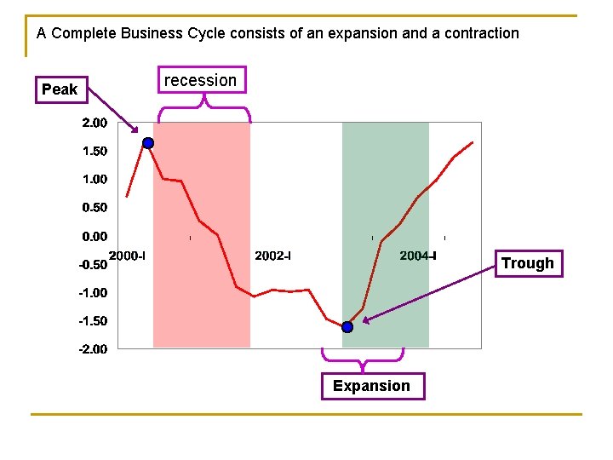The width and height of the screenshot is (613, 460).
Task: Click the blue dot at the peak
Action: pos(148,143)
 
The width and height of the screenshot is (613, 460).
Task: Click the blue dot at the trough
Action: pos(347,327)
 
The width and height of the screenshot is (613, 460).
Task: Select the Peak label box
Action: pos(62,89)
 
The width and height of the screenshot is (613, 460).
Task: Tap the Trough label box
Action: pos(529,263)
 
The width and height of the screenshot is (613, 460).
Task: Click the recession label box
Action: pos(202,80)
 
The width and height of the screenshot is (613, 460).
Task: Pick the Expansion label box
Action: pos(373,386)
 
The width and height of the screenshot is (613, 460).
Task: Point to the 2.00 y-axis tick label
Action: pos(95,123)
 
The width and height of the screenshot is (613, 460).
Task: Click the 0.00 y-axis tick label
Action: pos(95,236)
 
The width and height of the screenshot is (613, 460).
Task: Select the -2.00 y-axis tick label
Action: pos(93,349)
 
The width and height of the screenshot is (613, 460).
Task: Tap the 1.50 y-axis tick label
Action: pos(95,151)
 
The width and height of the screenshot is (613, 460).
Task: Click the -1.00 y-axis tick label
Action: pos(93,292)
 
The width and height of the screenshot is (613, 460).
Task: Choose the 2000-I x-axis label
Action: pos(127,256)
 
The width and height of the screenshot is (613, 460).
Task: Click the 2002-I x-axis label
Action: pos(273,256)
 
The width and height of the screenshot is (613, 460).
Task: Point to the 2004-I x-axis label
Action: pos(418,256)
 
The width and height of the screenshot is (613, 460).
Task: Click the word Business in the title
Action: pos(152,33)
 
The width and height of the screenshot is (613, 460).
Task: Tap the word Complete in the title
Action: pos(84,34)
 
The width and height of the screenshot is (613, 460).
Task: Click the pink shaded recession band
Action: pos(202,235)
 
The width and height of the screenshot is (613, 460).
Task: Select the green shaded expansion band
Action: pos(386,235)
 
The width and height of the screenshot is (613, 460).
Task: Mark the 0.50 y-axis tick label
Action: pos(95,207)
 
